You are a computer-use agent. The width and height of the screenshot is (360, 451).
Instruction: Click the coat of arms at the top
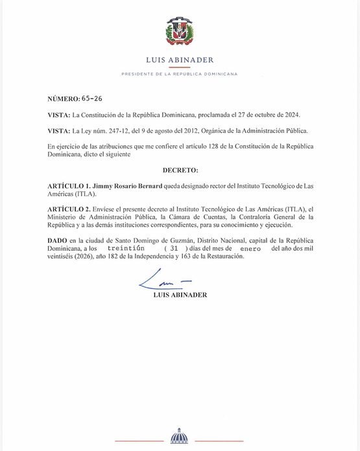click(180, 31)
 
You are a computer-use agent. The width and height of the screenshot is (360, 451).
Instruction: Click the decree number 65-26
click(92, 98)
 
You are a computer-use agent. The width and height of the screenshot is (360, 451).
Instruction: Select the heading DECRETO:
click(180, 170)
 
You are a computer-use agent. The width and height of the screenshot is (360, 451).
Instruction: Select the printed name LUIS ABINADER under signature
click(180, 295)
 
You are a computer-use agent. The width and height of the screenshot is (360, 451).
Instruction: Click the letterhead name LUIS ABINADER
click(180, 60)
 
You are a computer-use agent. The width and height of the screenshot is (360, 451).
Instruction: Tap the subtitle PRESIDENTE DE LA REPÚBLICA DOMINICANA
click(180, 74)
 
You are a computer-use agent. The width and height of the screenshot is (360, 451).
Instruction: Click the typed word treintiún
click(126, 248)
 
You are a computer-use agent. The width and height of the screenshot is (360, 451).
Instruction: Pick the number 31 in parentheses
click(173, 248)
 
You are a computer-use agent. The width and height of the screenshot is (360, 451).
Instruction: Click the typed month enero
click(250, 248)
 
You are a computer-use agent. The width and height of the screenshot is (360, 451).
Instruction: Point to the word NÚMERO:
click(64, 98)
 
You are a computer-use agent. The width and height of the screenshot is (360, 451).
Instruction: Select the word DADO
click(57, 240)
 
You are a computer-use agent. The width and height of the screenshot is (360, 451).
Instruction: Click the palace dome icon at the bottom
click(179, 436)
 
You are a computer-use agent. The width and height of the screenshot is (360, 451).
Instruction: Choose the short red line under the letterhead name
click(180, 67)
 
